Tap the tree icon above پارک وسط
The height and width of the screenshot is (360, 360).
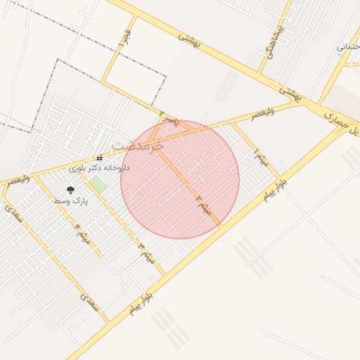[70, 190]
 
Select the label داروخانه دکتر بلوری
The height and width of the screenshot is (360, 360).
[100, 169]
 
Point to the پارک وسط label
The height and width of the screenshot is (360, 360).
[70, 201]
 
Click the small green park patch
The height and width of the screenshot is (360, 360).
[98, 185]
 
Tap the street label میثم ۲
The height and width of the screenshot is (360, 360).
[204, 203]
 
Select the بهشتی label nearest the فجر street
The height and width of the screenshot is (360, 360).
[189, 40]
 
